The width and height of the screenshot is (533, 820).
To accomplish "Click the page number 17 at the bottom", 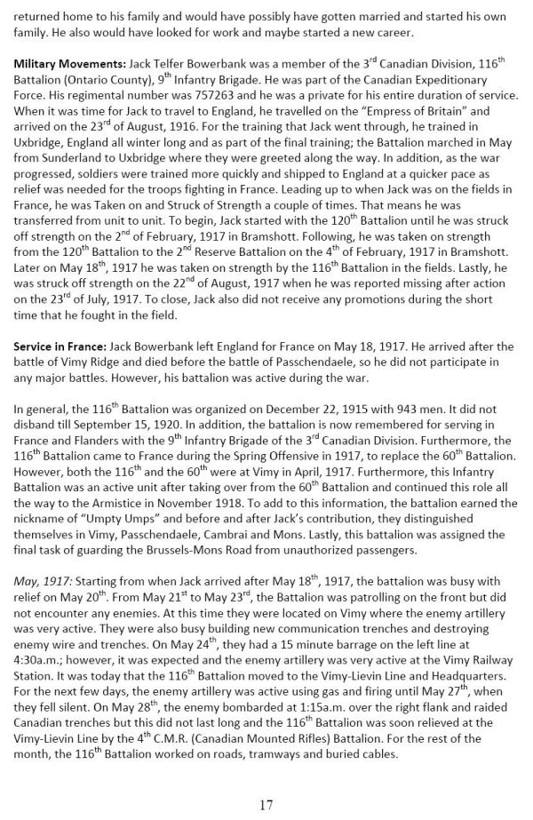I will pyautogui.click(x=266, y=805).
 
